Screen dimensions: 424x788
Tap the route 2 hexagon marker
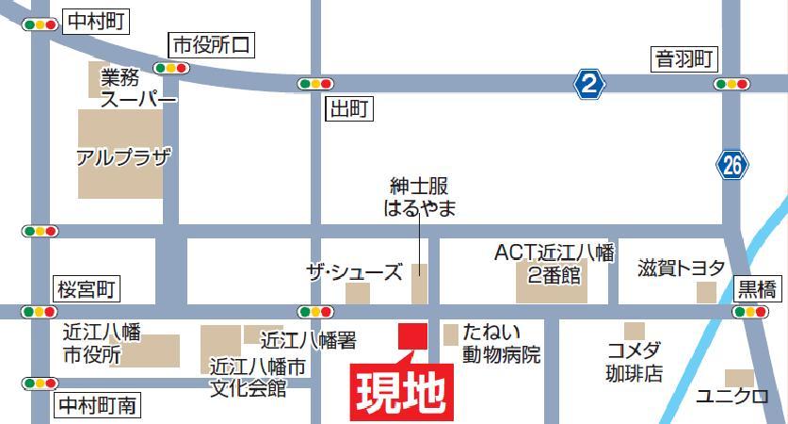tap(589, 85)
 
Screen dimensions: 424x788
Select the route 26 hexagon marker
tap(732, 166)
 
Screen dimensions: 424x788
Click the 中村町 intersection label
tap(96, 23)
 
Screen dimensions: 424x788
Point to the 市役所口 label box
tap(212, 44)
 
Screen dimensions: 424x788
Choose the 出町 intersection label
tap(347, 109)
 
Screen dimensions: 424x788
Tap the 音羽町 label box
tap(685, 60)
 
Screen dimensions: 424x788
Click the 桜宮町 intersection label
tap(85, 289)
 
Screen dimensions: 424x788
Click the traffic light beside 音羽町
tap(732, 85)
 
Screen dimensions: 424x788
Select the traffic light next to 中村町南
tap(40, 383)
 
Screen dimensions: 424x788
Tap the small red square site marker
tap(411, 334)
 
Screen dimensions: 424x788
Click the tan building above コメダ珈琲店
tap(635, 331)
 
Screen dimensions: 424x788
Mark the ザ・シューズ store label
tap(354, 271)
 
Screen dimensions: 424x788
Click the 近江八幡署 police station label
tap(308, 338)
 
